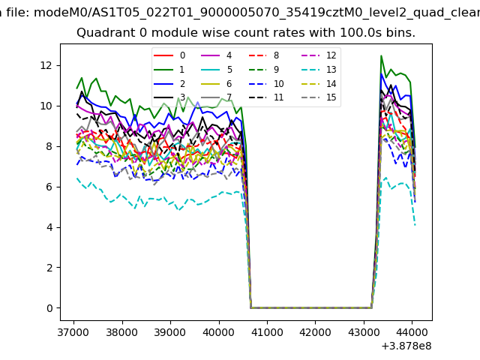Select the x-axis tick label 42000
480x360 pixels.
click(x=315, y=331)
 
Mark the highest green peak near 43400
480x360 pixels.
click(x=381, y=55)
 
